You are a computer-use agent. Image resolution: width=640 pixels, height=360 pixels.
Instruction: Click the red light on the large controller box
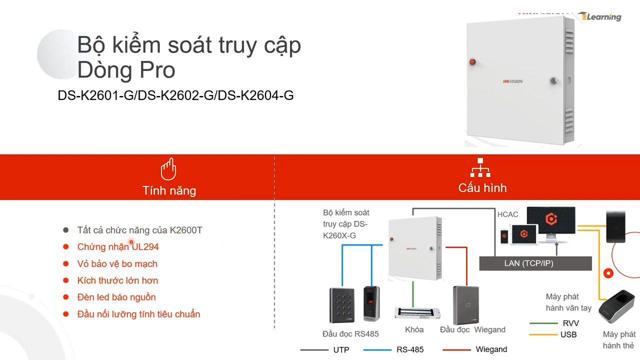coord(472,61)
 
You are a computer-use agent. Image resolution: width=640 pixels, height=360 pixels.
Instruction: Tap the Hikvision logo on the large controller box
coord(512,81)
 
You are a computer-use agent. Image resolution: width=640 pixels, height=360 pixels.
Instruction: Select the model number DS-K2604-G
coord(255,95)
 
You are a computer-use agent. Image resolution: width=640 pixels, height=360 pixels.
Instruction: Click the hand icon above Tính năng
coord(168,169)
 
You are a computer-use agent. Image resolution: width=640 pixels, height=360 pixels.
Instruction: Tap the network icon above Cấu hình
coord(480,167)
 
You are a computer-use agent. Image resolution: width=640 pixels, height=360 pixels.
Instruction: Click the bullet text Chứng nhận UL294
coord(117,247)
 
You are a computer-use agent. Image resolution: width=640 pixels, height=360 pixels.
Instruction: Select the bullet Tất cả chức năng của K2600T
coord(139,230)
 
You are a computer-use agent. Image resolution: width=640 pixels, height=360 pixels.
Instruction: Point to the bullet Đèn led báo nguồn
coord(116,297)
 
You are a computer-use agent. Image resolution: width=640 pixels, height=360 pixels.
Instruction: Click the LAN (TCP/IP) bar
coord(535,263)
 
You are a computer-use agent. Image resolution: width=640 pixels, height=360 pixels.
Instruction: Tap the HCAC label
coord(507,214)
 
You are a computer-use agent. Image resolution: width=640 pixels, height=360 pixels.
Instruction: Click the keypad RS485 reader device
coord(342,305)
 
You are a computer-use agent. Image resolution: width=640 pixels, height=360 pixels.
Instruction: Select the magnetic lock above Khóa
coord(417,313)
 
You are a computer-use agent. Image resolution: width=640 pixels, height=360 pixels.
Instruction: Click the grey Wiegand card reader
coord(466,305)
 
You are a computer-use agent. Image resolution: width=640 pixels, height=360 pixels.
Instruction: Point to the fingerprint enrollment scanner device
coord(616,306)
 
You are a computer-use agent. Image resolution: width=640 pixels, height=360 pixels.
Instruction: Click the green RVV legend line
coord(543,323)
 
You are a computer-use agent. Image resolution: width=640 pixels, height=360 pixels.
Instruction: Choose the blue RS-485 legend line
coord(377,349)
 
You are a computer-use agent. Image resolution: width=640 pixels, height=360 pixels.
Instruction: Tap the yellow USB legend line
coord(543,334)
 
